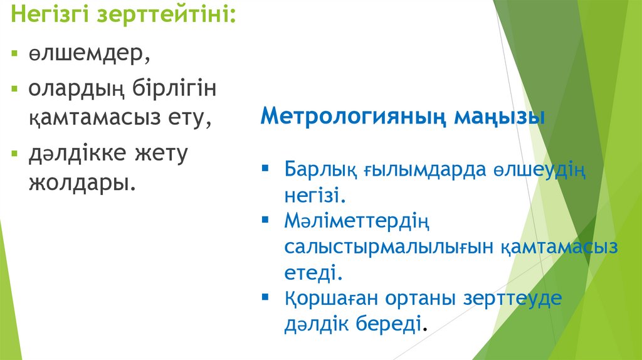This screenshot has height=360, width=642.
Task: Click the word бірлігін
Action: [174, 89]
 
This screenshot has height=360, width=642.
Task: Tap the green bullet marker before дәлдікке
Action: [16, 153]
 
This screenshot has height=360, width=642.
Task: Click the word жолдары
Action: [81, 183]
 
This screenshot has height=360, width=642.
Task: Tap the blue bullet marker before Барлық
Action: [265, 169]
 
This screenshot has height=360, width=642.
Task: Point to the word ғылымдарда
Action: [426, 170]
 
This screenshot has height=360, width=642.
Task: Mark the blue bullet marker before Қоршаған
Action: [265, 297]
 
